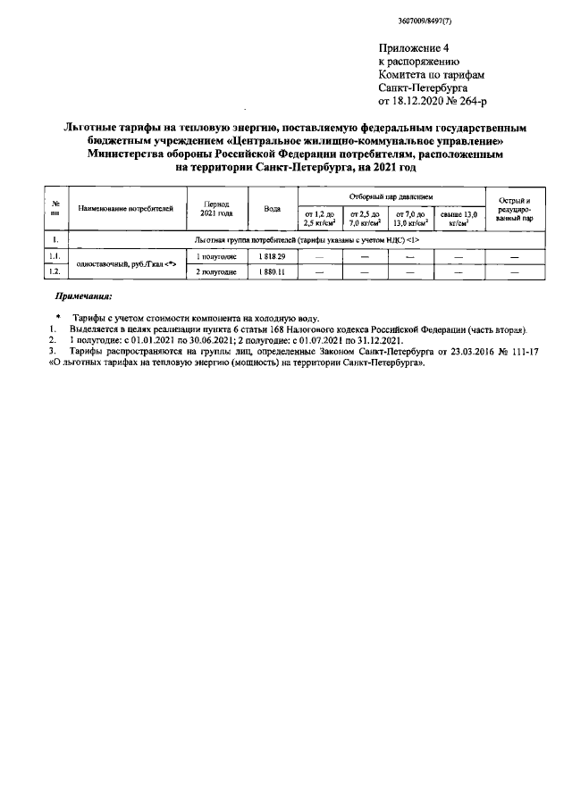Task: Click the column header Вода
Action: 273,208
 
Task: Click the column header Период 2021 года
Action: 216,208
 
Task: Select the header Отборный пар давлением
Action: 391,195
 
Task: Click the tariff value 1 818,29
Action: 273,257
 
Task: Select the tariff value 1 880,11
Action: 273,271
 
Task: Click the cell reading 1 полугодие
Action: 216,257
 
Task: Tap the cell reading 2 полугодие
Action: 216,271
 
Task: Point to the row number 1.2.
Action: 56,271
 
